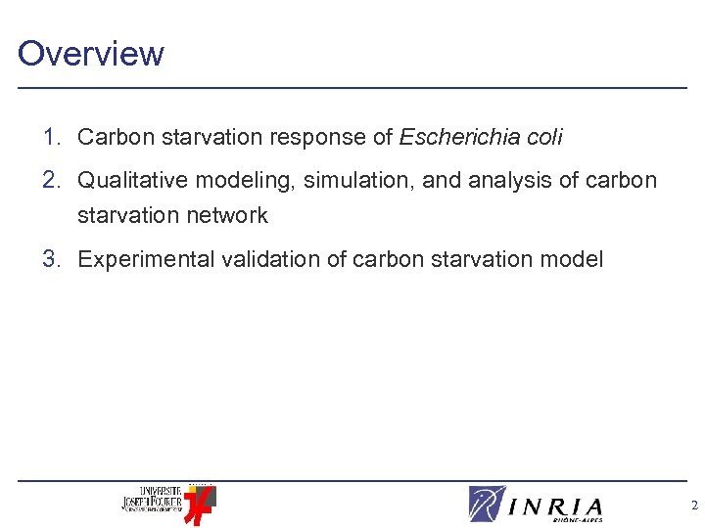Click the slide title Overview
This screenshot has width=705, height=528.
(91, 53)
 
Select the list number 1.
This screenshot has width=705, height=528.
(52, 138)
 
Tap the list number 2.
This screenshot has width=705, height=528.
(52, 181)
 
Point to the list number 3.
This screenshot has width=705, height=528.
(52, 259)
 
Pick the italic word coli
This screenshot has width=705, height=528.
(543, 138)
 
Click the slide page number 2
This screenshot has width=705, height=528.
(694, 506)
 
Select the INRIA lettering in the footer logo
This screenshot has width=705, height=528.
(557, 506)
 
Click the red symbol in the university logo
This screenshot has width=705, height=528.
(200, 505)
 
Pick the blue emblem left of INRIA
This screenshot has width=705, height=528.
(487, 504)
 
